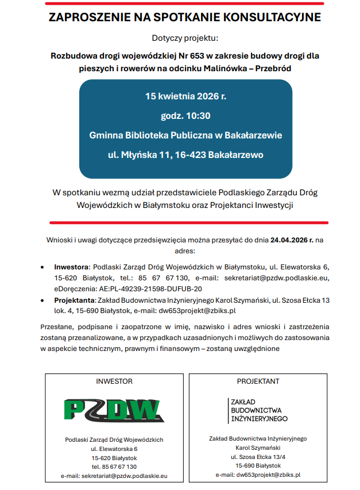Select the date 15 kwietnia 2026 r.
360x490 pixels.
click(x=185, y=96)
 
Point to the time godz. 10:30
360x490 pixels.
click(x=185, y=115)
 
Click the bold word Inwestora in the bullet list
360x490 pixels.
click(x=71, y=267)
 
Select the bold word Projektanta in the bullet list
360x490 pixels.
click(x=74, y=300)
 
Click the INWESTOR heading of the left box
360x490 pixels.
click(x=114, y=381)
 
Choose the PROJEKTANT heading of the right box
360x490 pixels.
click(x=258, y=381)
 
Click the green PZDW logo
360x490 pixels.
click(x=113, y=410)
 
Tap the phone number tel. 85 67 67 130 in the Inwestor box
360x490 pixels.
click(x=114, y=466)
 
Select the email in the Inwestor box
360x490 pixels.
click(x=114, y=476)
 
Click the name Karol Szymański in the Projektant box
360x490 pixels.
click(x=258, y=447)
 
